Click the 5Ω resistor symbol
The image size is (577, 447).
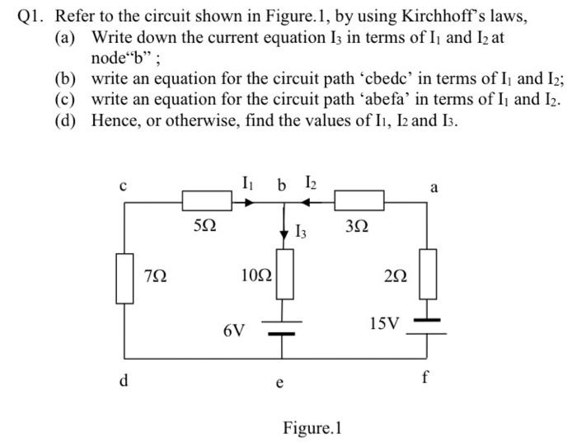[207, 200]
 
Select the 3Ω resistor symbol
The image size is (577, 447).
[359, 200]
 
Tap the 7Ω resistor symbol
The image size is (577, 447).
[124, 280]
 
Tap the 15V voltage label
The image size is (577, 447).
[384, 323]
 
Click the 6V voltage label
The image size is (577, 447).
[233, 331]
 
